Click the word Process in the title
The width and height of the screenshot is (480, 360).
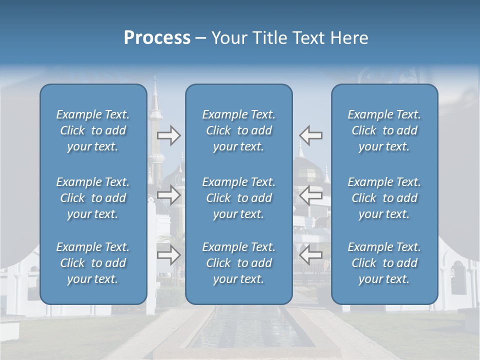(x=157, y=38)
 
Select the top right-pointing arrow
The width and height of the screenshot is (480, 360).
(x=168, y=135)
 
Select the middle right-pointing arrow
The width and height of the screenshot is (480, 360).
(x=168, y=195)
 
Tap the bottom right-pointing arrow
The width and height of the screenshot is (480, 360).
(x=168, y=255)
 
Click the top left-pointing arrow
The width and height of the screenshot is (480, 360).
(x=311, y=135)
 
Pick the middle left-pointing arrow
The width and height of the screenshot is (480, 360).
(x=311, y=195)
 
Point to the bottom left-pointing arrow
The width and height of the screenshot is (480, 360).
(x=311, y=255)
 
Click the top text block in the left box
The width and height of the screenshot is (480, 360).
(x=93, y=130)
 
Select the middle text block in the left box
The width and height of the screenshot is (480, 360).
(x=93, y=198)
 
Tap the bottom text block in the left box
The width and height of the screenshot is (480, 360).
(x=93, y=263)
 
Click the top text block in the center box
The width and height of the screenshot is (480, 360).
(x=238, y=130)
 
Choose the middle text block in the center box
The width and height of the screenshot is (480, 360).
(x=238, y=198)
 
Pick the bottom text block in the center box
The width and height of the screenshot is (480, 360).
(x=238, y=263)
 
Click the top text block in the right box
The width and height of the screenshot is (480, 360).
(x=384, y=130)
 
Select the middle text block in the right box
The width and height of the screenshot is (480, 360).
(x=384, y=198)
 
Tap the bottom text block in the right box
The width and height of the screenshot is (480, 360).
(x=384, y=263)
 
